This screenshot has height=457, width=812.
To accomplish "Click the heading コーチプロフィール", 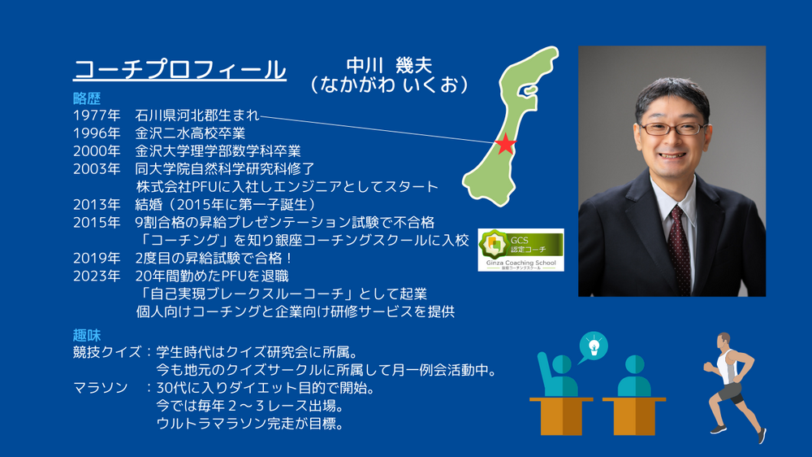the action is (179, 69).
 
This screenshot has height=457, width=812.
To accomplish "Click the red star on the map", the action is (505, 144).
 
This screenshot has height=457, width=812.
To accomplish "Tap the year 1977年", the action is (97, 115).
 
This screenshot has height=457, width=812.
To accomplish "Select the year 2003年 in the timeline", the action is (97, 168).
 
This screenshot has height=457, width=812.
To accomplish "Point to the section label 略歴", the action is (87, 98).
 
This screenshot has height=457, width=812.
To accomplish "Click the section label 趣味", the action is (87, 334).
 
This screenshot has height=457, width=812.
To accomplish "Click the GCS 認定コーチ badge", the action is (521, 250).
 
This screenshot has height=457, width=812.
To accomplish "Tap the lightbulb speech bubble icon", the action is (593, 346).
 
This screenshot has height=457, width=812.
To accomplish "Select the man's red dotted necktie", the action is (679, 248).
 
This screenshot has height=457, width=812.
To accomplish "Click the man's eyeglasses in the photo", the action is (672, 128).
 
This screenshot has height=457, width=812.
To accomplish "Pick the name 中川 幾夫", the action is (389, 65).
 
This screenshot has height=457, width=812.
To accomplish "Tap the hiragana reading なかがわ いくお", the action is (389, 85).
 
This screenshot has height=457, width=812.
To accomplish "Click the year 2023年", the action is (97, 276).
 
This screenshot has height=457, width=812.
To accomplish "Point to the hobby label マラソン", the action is (101, 388).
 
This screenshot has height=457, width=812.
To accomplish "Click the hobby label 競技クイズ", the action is (107, 352).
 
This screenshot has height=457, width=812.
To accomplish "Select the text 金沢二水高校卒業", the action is (190, 133).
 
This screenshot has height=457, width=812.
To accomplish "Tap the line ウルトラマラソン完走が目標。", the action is (250, 424).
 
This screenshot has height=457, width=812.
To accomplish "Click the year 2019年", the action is (97, 258).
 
